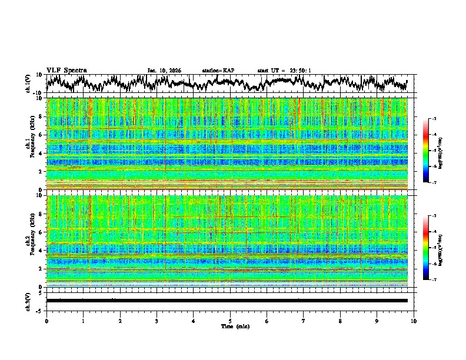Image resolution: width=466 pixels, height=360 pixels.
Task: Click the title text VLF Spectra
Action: (66, 70)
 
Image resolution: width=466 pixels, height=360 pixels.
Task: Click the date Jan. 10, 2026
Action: (164, 71)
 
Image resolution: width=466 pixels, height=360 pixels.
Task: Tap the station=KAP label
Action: (218, 71)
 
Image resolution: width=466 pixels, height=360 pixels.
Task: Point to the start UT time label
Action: (284, 71)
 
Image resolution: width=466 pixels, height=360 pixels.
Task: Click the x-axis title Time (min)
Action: (235, 326)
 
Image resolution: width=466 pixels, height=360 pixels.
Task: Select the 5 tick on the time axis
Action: (230, 321)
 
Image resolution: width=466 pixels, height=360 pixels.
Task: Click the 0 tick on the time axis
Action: (46, 321)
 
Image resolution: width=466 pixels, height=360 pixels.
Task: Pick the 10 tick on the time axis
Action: (414, 321)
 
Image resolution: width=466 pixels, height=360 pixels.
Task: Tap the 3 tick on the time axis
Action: (157, 321)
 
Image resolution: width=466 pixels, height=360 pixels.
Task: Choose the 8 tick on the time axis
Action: (340, 321)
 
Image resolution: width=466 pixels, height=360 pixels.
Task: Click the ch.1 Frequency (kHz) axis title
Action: (30, 144)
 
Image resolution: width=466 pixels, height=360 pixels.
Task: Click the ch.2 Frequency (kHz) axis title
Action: (30, 241)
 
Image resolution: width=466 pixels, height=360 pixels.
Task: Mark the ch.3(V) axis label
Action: (28, 301)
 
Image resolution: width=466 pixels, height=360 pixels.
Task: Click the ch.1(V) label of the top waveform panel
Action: (28, 84)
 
